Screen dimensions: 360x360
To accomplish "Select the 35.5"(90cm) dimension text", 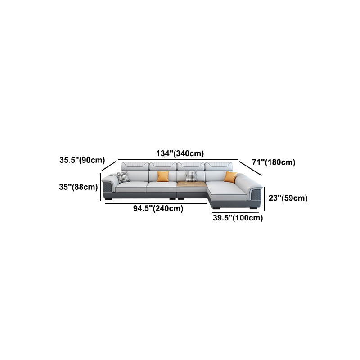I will (82, 160).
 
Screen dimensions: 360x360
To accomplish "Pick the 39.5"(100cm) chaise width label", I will (238, 218).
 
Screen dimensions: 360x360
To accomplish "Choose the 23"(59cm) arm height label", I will (288, 198).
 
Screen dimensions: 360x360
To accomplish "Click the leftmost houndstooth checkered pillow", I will (123, 177).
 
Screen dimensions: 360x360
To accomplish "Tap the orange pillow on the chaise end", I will (230, 177).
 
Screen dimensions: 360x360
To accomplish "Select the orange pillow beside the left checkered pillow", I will (163, 176).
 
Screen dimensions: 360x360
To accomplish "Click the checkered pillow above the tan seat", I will (191, 176).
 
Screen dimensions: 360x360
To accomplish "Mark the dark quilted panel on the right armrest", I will (256, 196).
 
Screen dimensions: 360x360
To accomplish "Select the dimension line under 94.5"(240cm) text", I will (155, 203).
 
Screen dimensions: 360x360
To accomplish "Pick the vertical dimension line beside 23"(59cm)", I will (265, 198).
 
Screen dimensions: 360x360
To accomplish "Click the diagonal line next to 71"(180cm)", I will (250, 168).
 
